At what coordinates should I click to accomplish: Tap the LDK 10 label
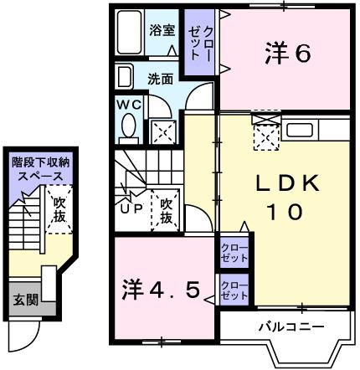point(285,198)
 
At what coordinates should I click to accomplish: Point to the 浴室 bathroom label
point(162,30)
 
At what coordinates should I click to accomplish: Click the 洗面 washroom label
point(161,80)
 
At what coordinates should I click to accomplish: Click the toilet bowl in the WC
point(129,127)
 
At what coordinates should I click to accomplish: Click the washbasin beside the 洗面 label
point(124,79)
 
